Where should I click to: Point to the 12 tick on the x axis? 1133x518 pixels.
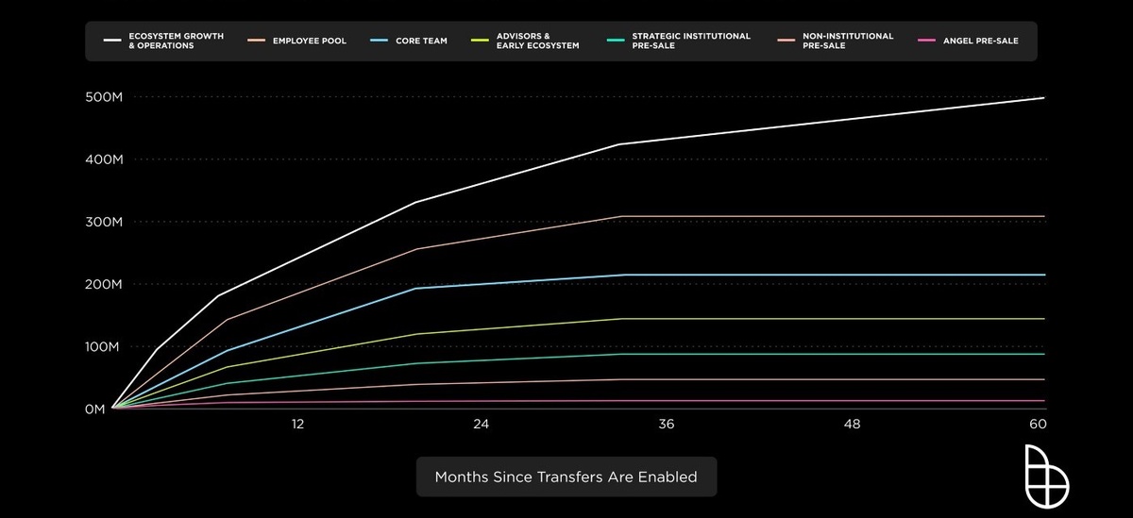coord(297,425)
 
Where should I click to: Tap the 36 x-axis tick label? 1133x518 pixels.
coord(667,425)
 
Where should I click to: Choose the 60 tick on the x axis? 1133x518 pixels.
coord(1038,425)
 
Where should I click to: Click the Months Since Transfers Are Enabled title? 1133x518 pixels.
coord(566,476)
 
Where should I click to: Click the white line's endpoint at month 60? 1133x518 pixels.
coord(1043,97)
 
